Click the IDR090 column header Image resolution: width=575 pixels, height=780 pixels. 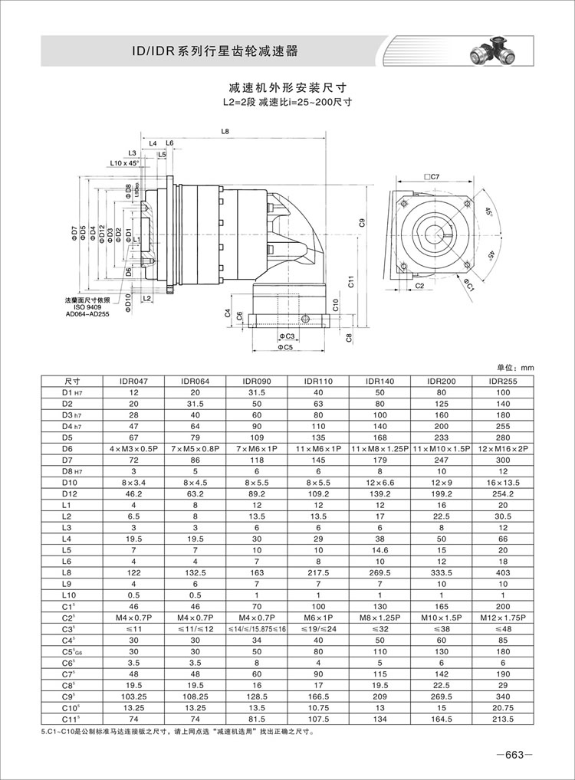point(256,381)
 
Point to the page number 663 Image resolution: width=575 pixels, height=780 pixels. point(508,755)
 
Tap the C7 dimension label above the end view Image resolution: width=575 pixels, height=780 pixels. point(432,177)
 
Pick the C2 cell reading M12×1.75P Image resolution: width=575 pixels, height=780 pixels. point(503,615)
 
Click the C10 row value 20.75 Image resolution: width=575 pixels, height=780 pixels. point(503,706)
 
